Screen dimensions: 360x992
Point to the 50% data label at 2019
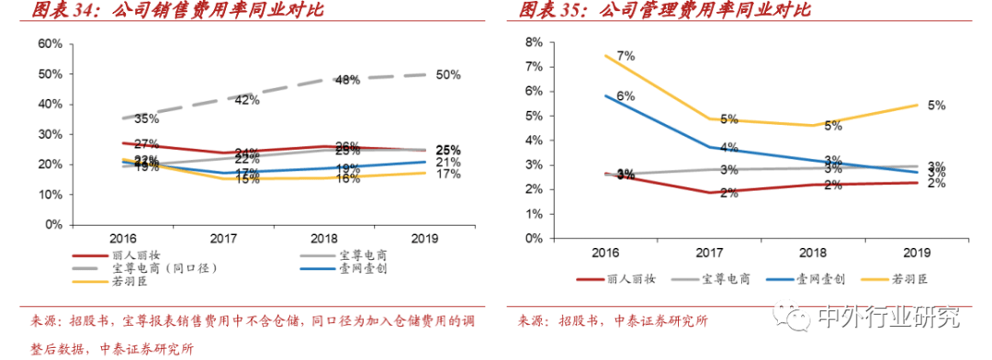[448, 75]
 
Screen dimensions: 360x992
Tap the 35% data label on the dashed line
[147, 119]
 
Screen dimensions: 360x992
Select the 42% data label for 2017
[246, 100]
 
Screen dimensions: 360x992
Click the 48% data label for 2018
[347, 80]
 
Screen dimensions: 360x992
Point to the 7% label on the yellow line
[626, 56]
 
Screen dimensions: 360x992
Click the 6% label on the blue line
[626, 96]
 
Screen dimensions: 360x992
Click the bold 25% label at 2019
[448, 150]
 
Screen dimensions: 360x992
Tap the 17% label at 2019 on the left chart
[448, 174]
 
